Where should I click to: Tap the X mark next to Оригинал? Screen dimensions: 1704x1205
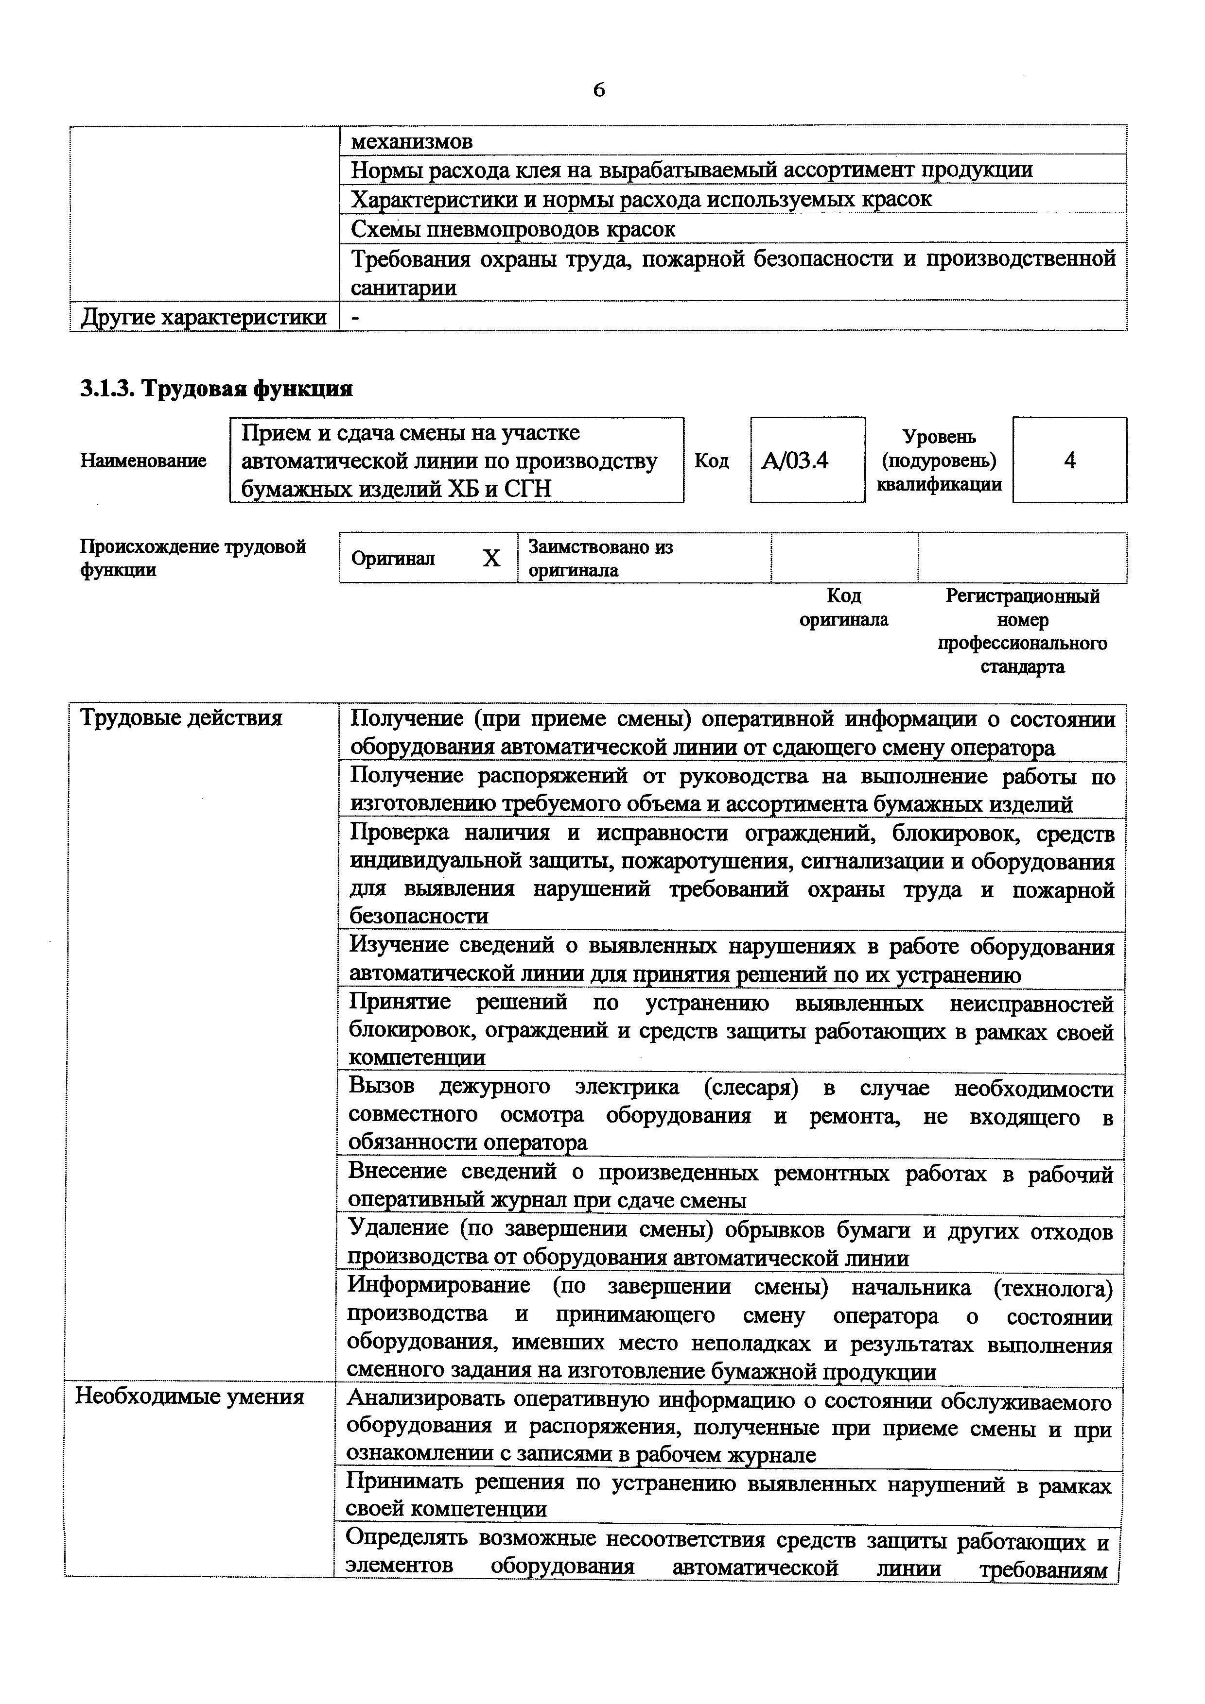coord(491,559)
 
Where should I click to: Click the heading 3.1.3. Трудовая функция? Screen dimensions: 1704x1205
coord(216,388)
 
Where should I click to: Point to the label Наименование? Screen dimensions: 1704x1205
coord(143,461)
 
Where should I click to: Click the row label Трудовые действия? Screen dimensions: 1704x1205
coord(181,718)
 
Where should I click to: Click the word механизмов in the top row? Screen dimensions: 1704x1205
coord(411,141)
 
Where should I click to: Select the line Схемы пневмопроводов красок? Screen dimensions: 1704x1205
coord(512,229)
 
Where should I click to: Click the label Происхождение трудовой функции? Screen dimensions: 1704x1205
coord(192,559)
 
